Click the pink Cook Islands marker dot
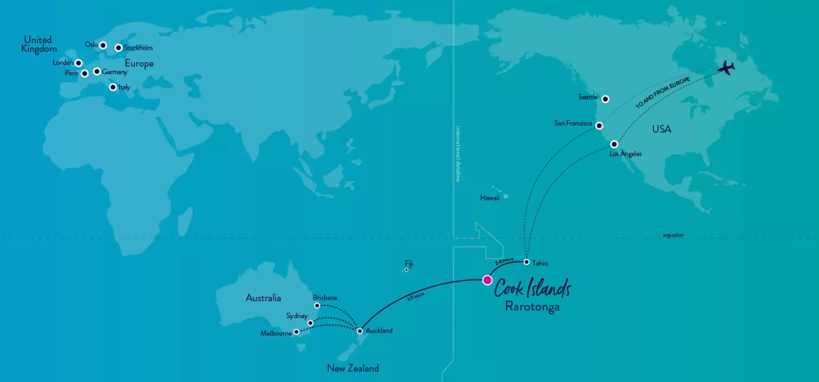pyautogui.click(x=487, y=280)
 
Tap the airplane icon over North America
pyautogui.click(x=726, y=68)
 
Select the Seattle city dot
pyautogui.click(x=605, y=99)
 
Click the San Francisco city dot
pyautogui.click(x=599, y=126)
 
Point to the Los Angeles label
pyautogui.click(x=625, y=154)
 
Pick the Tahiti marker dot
pyautogui.click(x=527, y=262)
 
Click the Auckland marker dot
pyautogui.click(x=360, y=331)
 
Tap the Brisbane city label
pyautogui.click(x=325, y=298)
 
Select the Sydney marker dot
pyautogui.click(x=310, y=323)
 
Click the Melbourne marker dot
pyautogui.click(x=296, y=332)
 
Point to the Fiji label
pyautogui.click(x=409, y=263)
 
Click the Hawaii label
pyautogui.click(x=490, y=198)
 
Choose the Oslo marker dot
pyautogui.click(x=103, y=45)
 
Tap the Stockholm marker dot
pyautogui.click(x=118, y=48)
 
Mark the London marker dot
pyautogui.click(x=79, y=63)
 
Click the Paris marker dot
pyautogui.click(x=85, y=74)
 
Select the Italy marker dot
pyautogui.click(x=113, y=87)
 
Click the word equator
pyautogui.click(x=673, y=235)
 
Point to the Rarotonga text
pyautogui.click(x=532, y=307)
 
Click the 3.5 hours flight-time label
pyautogui.click(x=415, y=297)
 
